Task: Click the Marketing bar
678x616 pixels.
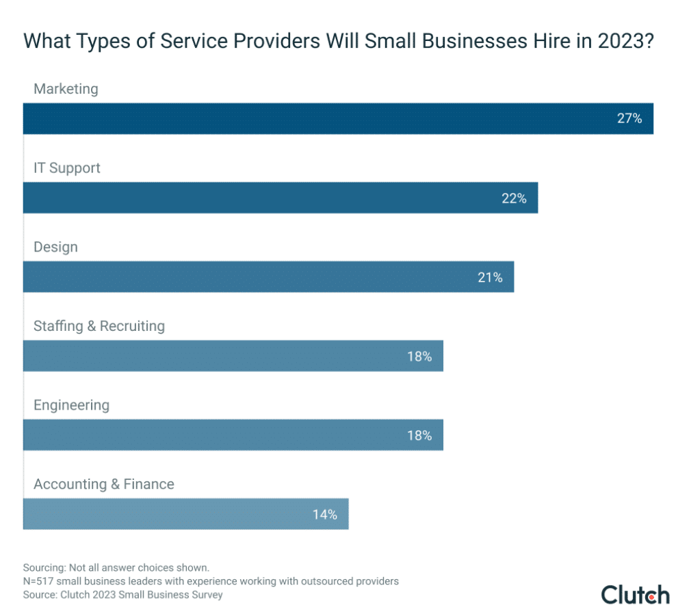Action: pyautogui.click(x=338, y=118)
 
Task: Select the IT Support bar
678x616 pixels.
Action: pyautogui.click(x=281, y=198)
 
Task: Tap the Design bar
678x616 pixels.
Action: pyautogui.click(x=268, y=277)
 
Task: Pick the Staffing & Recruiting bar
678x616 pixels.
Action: pyautogui.click(x=233, y=356)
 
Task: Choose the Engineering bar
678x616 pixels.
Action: pyautogui.click(x=233, y=435)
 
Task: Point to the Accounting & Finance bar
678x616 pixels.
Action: pyautogui.click(x=185, y=514)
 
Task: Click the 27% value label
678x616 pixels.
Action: pyautogui.click(x=629, y=118)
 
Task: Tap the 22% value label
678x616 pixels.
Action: pyautogui.click(x=514, y=198)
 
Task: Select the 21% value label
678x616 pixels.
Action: pyautogui.click(x=490, y=278)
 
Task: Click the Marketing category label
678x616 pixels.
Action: pyautogui.click(x=66, y=89)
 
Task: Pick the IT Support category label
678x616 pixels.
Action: pyautogui.click(x=67, y=168)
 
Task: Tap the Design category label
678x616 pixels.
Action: pyautogui.click(x=55, y=247)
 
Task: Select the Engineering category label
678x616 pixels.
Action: pyautogui.click(x=71, y=405)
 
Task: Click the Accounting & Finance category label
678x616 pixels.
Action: pyautogui.click(x=104, y=484)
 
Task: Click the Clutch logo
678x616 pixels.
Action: pyautogui.click(x=635, y=594)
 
